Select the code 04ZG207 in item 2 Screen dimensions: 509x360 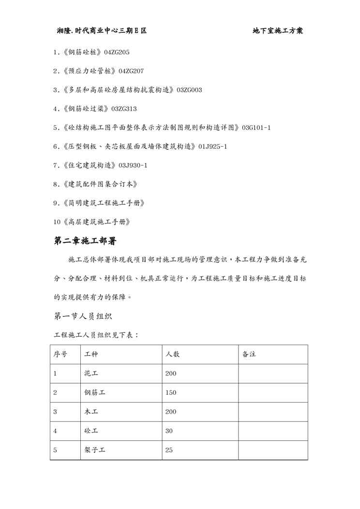click(131, 71)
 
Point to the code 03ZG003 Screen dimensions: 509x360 click(189, 90)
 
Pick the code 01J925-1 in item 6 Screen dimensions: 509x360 click(212, 147)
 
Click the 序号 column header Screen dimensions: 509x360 click(60, 354)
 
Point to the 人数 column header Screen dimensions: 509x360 click(172, 354)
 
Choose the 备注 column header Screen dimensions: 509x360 click(249, 354)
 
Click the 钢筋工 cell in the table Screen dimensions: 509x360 click(95, 393)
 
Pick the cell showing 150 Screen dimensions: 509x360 click(171, 393)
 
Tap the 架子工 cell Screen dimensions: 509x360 click(95, 450)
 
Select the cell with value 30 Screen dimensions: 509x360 click(169, 431)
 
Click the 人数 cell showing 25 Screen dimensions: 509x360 click(169, 450)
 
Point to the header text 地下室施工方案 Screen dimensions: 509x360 click(278, 31)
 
